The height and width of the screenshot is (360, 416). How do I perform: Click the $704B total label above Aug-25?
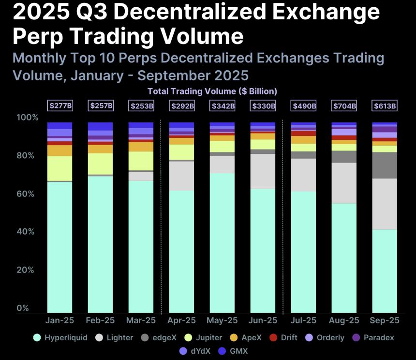coord(344,105)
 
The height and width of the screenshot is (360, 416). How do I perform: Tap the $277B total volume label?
coord(59,105)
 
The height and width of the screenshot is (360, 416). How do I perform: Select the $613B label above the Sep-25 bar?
coord(385,105)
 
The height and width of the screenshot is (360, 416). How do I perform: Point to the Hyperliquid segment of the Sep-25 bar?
coord(385,271)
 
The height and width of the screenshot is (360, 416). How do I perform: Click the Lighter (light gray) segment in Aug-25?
coord(344,183)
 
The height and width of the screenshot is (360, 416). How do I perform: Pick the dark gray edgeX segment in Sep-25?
coord(385,165)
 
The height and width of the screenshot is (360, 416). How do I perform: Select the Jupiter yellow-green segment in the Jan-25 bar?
coord(59,168)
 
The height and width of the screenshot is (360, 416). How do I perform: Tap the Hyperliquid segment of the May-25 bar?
coord(222,242)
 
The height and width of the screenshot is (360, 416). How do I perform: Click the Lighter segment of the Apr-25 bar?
coord(181,176)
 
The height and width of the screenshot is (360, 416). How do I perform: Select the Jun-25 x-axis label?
coord(263,321)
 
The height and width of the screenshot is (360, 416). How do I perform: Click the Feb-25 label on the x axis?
coord(100,321)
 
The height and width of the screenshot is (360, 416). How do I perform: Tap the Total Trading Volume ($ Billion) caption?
coord(212,91)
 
